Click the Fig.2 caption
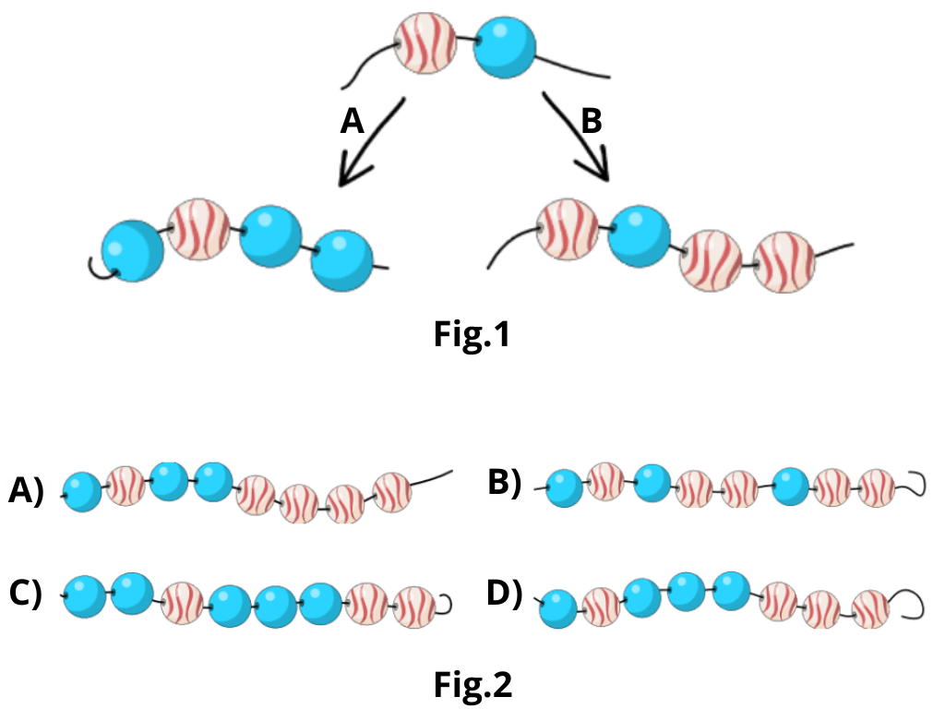pos(472,684)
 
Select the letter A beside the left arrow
pos(353,122)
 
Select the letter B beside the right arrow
pos(592,120)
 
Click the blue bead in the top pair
pos(504,49)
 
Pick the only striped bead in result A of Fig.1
pos(198,228)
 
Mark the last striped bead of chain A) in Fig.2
pos(392,490)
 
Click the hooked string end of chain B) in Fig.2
pos(914,482)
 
